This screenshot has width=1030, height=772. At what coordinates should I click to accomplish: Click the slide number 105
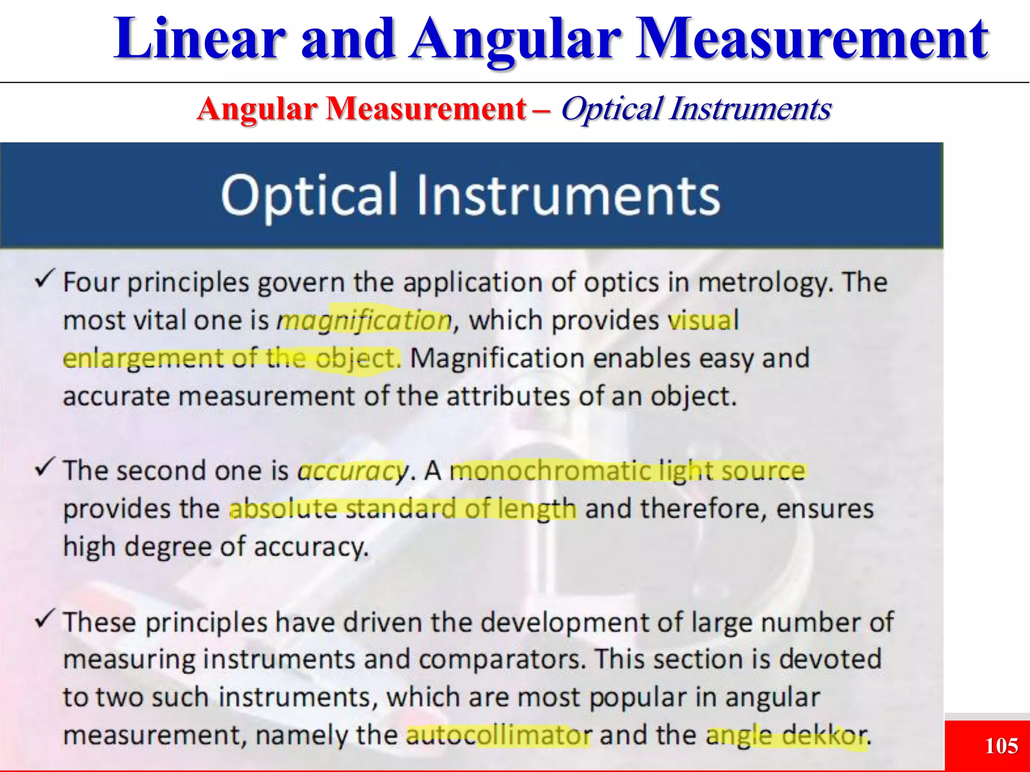click(1001, 745)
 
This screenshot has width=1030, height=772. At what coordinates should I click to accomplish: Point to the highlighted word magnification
click(365, 321)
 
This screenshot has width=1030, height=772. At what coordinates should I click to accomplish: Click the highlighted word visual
click(703, 321)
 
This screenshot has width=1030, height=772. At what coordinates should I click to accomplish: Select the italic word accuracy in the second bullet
click(353, 471)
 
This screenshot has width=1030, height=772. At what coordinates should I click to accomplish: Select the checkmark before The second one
click(44, 467)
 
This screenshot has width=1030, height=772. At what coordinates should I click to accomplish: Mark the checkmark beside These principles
click(44, 619)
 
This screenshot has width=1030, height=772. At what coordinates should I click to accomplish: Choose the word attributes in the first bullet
click(508, 397)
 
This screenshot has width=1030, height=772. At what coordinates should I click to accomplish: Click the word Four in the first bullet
click(91, 282)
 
